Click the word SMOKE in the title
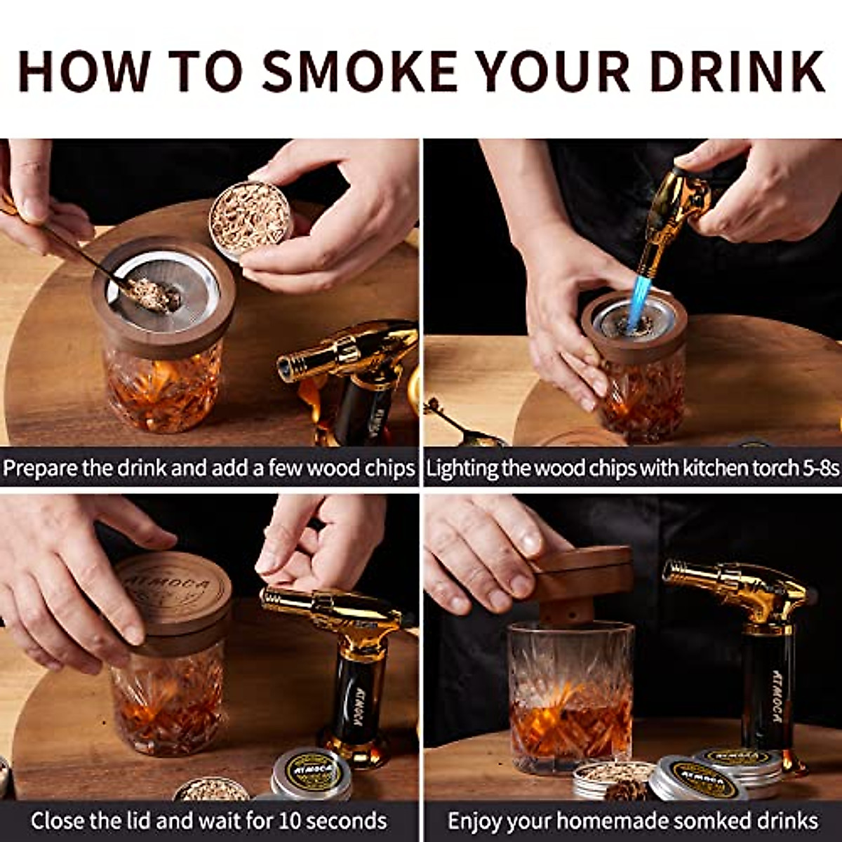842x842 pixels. (358, 70)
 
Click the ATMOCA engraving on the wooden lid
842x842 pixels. (163, 587)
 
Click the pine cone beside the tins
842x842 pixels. (624, 790)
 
